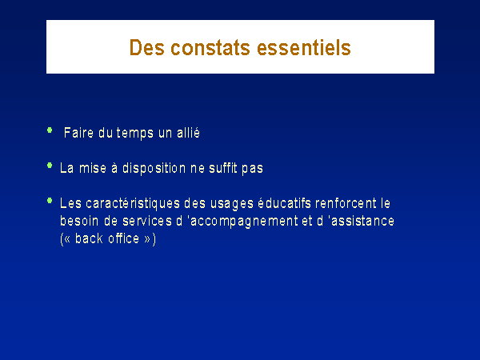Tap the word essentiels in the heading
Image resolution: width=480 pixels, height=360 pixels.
tap(304, 48)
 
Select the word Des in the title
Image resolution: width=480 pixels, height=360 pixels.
tap(147, 48)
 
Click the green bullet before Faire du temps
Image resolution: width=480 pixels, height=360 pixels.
tap(50, 130)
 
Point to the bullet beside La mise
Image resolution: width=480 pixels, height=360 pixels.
tap(50, 166)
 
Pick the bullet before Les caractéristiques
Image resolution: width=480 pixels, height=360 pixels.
tap(50, 201)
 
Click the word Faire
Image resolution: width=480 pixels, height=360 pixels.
tap(78, 133)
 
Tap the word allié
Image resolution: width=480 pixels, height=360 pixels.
tap(188, 133)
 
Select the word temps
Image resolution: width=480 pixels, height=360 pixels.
tap(134, 134)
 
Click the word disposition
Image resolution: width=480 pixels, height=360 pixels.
tap(154, 169)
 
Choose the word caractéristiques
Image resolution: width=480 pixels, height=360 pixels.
tap(133, 203)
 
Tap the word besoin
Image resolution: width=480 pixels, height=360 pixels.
tap(79, 221)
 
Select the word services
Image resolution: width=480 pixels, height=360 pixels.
tap(147, 221)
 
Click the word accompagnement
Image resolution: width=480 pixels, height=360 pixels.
tap(244, 222)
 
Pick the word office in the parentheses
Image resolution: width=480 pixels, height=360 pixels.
tap(124, 238)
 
